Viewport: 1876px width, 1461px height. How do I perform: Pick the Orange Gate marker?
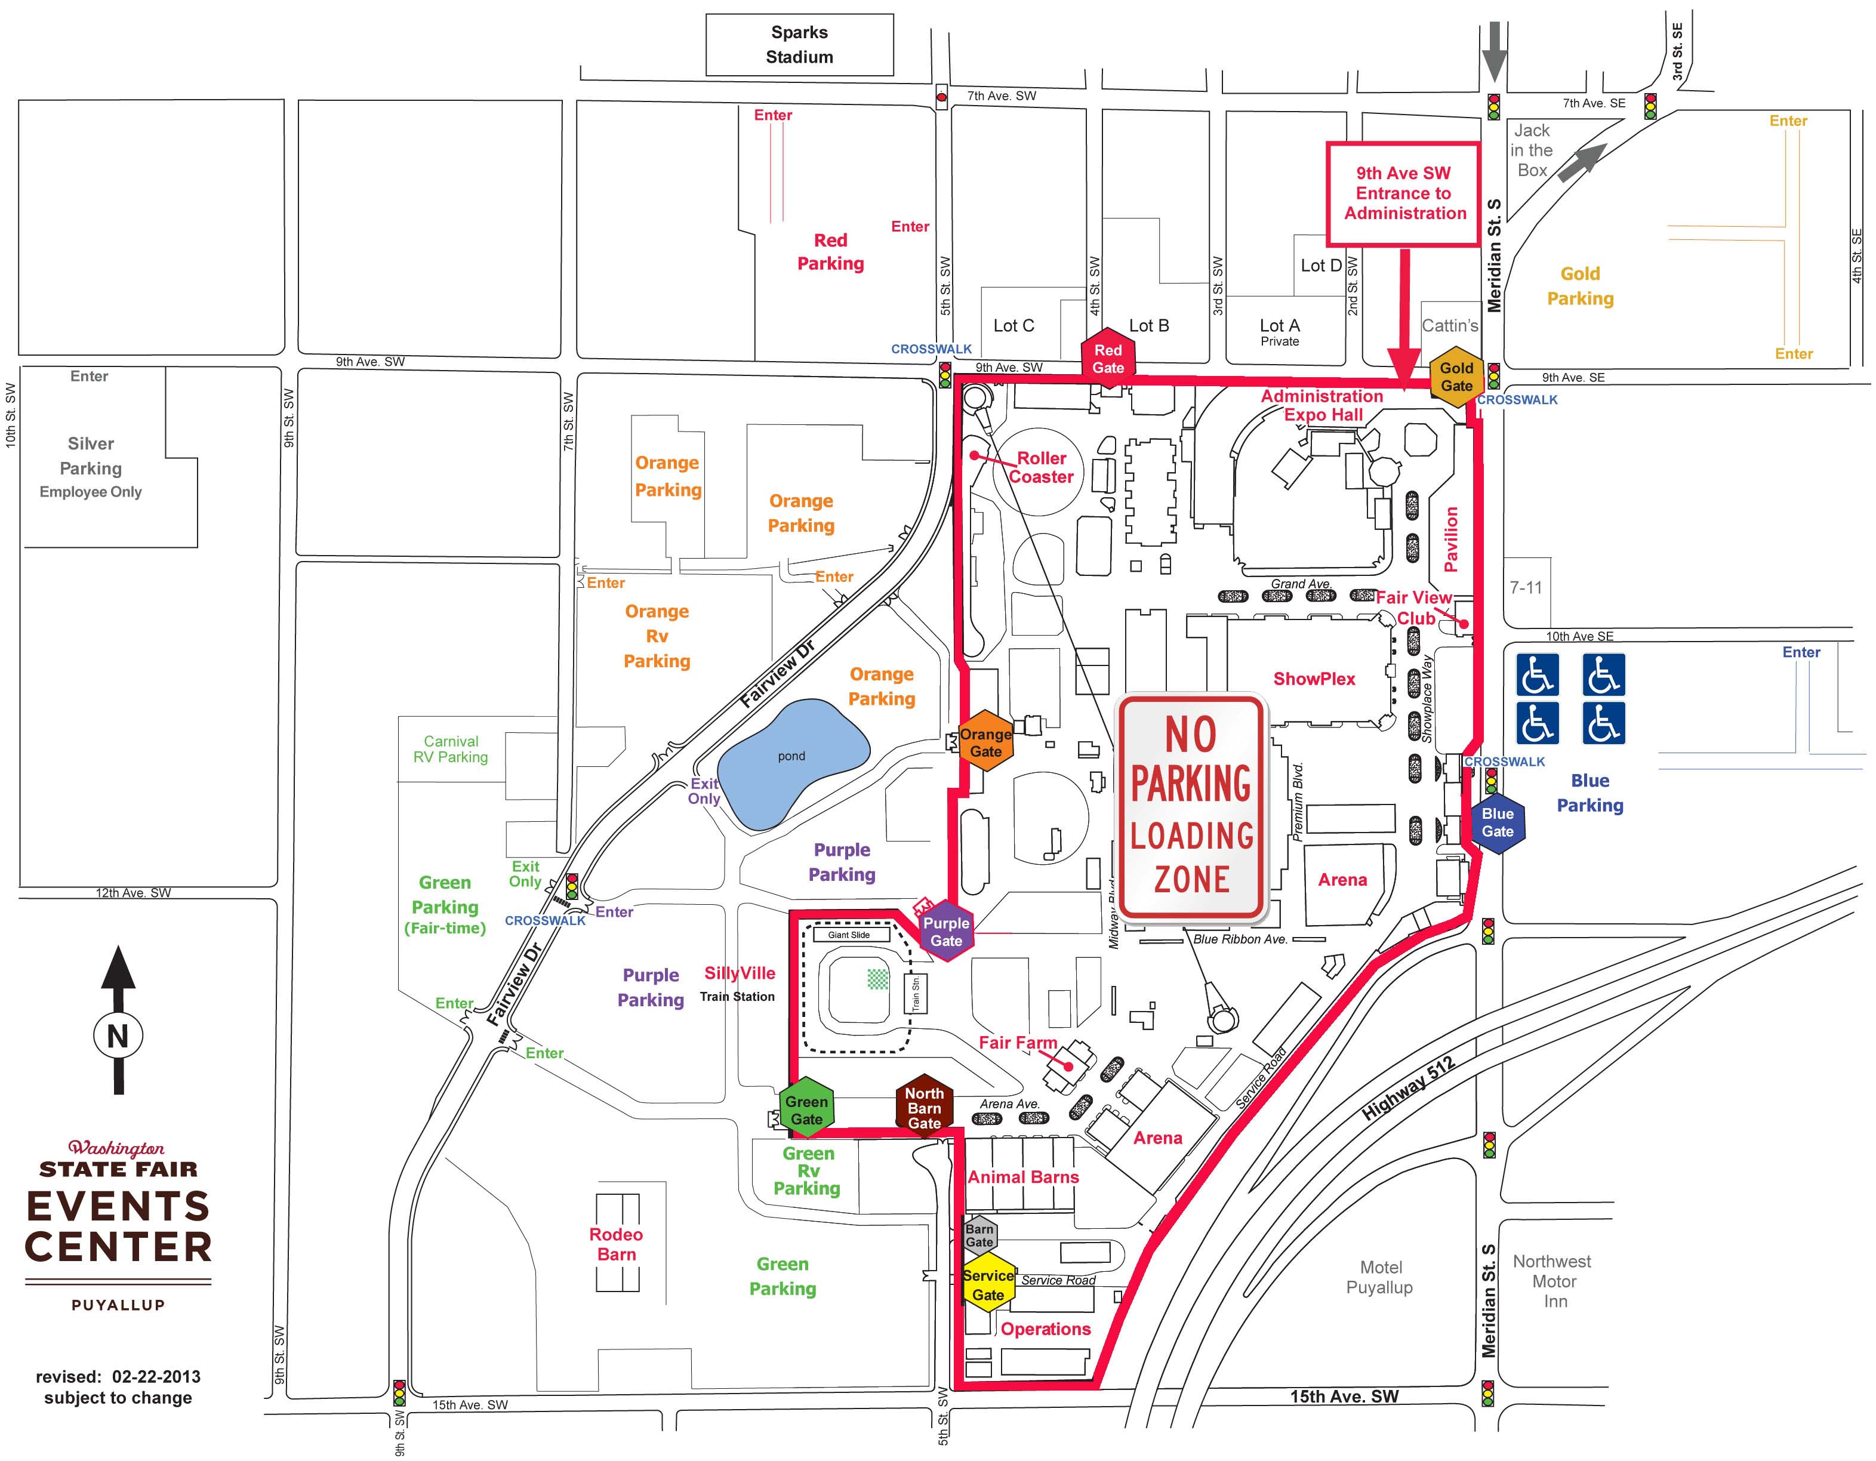(985, 742)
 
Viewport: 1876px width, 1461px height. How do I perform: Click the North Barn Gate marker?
(924, 1107)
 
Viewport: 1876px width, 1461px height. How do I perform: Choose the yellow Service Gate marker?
(988, 1285)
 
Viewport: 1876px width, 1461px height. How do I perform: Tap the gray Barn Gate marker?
(979, 1235)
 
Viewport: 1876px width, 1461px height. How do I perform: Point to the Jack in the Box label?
(1532, 150)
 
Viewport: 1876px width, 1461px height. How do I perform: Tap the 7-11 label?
(1526, 587)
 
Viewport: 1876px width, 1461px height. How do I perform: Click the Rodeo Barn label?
(616, 1244)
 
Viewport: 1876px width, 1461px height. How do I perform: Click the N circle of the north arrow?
(118, 1036)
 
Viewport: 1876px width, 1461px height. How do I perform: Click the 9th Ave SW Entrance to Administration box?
(1403, 194)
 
